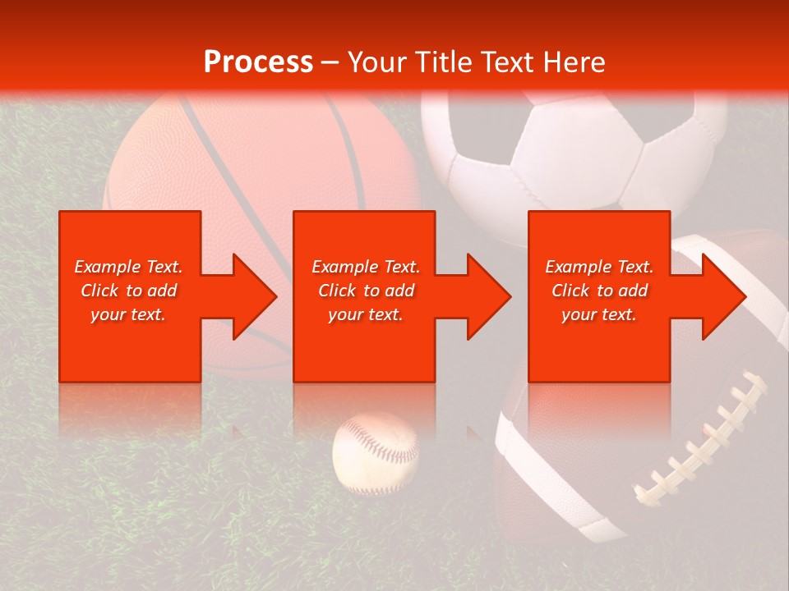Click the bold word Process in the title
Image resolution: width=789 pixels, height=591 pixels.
[x=258, y=62]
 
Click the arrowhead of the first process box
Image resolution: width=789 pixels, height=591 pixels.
[x=250, y=296]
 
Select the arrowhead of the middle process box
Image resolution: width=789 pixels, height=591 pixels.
[x=485, y=296]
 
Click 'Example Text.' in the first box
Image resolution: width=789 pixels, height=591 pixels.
[x=128, y=267]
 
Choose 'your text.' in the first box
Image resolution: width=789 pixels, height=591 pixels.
[x=128, y=314]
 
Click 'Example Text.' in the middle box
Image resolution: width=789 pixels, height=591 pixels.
[x=366, y=267]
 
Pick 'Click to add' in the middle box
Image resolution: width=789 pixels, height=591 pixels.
[x=366, y=291]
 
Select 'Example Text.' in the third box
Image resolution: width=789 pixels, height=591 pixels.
[x=599, y=267]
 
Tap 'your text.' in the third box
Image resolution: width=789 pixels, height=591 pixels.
[x=599, y=314]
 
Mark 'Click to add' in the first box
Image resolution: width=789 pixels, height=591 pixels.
[x=128, y=291]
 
